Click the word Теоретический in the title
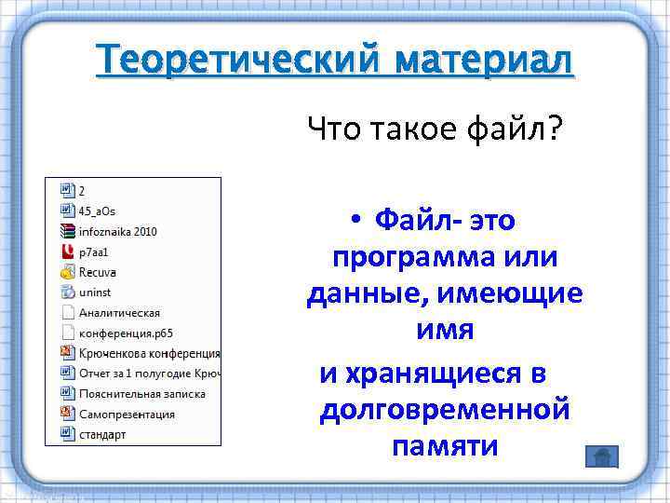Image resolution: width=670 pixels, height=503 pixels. coord(238,62)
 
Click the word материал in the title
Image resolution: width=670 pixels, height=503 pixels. coord(483,62)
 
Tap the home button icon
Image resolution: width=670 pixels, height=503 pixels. coord(602,456)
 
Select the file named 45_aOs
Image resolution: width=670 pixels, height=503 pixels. coord(97,211)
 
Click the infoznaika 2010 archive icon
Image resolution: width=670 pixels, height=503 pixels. coord(66,231)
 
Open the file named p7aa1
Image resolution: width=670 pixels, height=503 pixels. coord(94,251)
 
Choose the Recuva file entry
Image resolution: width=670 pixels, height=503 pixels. coord(97,272)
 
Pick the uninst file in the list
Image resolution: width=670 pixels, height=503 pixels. coord(95,292)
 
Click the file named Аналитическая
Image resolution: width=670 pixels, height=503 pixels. coord(119,312)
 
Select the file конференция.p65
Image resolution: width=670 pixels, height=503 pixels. coord(126,333)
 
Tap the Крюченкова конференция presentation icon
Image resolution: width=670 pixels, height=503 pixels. coord(66,353)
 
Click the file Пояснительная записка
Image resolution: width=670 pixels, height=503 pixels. coord(141,393)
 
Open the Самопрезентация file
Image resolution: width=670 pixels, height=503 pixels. coord(127,414)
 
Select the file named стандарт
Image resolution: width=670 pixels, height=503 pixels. coord(101,434)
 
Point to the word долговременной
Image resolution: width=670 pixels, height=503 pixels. coord(444,409)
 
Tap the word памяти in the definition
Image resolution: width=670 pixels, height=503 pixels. coord(445,445)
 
